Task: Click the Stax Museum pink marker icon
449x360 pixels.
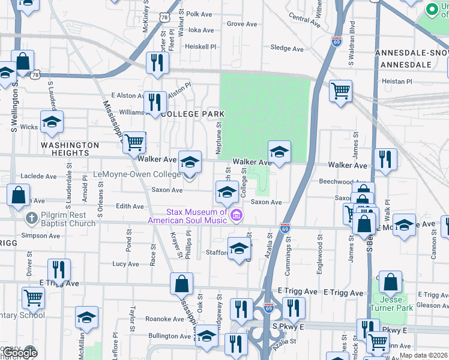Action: click(237, 215)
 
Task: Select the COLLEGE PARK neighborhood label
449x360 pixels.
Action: click(193, 114)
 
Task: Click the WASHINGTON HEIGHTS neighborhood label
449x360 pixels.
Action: click(70, 149)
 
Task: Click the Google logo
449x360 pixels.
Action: click(20, 353)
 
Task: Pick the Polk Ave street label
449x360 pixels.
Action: click(200, 14)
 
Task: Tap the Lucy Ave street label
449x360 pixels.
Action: click(125, 264)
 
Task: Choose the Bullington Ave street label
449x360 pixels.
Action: click(166, 336)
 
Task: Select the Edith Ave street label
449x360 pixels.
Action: click(130, 206)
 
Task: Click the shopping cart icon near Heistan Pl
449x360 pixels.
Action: click(340, 91)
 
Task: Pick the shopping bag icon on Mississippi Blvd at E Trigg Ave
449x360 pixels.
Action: click(181, 283)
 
